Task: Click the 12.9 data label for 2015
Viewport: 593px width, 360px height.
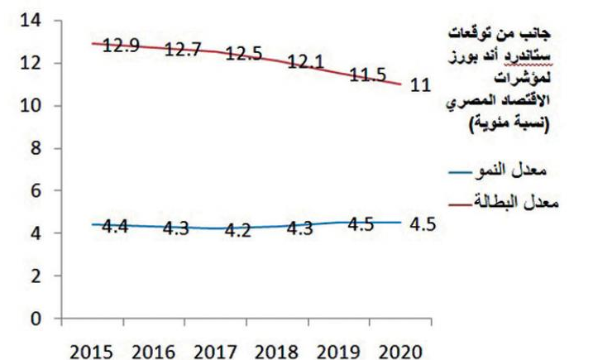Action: click(122, 46)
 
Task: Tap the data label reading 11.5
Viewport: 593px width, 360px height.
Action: click(369, 76)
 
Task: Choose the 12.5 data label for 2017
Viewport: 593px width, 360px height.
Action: click(246, 55)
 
